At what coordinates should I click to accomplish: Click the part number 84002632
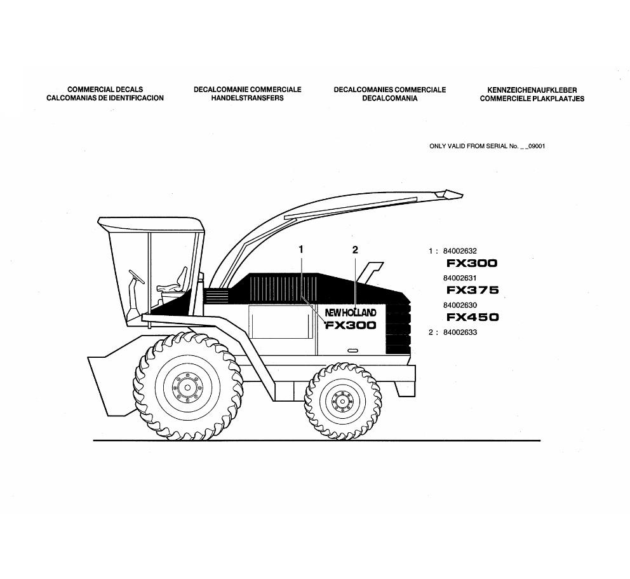point(460,251)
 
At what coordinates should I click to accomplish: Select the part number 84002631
point(460,278)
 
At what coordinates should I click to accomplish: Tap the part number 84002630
point(460,305)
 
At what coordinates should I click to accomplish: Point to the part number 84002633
point(460,332)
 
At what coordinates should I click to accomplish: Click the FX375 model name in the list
point(473,290)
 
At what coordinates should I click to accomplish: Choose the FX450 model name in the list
point(473,317)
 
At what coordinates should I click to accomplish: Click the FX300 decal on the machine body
point(351,325)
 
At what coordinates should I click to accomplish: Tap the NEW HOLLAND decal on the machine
point(351,313)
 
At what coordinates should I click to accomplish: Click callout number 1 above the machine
point(301,250)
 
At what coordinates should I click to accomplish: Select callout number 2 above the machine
point(355,250)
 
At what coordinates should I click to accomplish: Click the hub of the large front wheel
point(187,388)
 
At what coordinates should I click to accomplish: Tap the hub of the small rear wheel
point(342,401)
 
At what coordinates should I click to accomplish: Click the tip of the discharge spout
point(462,195)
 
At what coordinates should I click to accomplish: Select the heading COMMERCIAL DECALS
point(105,90)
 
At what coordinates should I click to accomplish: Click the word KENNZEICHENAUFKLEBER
point(532,90)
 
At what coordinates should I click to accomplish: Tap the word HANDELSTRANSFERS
point(248,98)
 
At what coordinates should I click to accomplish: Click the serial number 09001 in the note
point(537,146)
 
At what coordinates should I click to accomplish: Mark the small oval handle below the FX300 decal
point(352,350)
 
